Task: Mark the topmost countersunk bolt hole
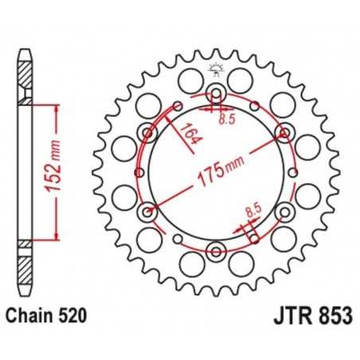(216, 94)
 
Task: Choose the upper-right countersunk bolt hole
(284, 132)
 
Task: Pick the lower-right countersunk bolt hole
(284, 213)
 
